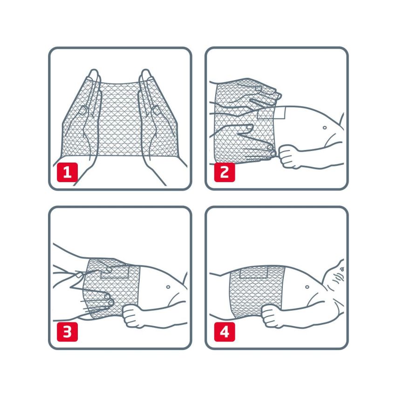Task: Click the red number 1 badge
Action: pyautogui.click(x=67, y=172)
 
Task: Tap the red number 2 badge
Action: pyautogui.click(x=225, y=172)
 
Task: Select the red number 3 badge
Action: pyautogui.click(x=67, y=332)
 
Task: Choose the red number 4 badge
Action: pyautogui.click(x=225, y=332)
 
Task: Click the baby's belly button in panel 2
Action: pyautogui.click(x=325, y=128)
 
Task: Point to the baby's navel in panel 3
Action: pyautogui.click(x=168, y=287)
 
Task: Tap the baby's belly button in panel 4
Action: pyautogui.click(x=307, y=287)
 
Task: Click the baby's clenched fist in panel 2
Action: pyautogui.click(x=289, y=156)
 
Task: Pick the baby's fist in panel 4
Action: pyautogui.click(x=273, y=316)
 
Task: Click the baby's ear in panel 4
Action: pyautogui.click(x=340, y=277)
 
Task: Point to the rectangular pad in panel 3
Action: pyautogui.click(x=115, y=272)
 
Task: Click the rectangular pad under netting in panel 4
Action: pyautogui.click(x=253, y=272)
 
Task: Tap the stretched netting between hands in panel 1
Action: pyautogui.click(x=119, y=119)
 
